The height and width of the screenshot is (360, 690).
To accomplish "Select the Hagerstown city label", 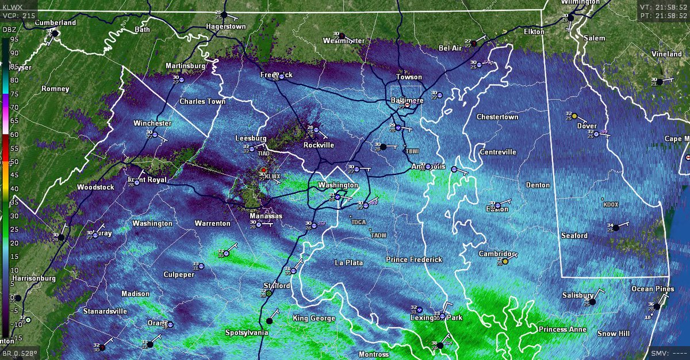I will [x=226, y=26].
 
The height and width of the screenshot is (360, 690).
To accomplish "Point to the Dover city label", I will [x=587, y=126].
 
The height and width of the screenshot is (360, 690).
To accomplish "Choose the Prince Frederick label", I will [x=414, y=259].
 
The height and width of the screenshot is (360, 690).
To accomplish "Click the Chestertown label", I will [x=497, y=117].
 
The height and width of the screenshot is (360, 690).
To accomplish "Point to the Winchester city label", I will [x=152, y=123].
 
